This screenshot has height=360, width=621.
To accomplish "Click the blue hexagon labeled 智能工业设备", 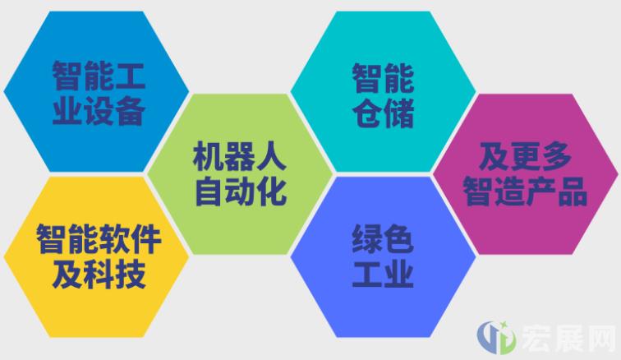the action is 96,91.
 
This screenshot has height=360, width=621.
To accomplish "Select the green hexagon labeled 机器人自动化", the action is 240,174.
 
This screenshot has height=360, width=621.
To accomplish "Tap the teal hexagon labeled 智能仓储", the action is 384,91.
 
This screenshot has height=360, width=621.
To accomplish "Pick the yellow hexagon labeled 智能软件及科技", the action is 96,257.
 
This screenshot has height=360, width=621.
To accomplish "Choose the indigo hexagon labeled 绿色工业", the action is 384,257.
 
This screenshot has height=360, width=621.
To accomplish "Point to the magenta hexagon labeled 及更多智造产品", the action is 526,174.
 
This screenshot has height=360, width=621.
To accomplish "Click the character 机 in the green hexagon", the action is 209,156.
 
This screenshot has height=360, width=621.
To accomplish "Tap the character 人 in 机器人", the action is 271,156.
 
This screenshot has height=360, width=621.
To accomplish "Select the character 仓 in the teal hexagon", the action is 367,113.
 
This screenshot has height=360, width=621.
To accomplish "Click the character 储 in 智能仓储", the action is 399,113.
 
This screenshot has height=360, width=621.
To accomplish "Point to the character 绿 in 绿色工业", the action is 367,238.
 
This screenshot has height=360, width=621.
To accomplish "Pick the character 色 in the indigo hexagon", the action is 399,238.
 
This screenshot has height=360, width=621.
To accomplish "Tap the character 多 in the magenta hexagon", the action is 556,156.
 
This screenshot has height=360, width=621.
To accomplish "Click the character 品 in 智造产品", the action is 573,192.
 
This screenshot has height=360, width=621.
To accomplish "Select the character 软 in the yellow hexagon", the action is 114,238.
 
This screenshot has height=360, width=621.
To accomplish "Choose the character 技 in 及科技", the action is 130,275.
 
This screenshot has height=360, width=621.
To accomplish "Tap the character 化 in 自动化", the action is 271,192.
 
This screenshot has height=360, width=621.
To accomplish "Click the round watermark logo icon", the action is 496,338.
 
